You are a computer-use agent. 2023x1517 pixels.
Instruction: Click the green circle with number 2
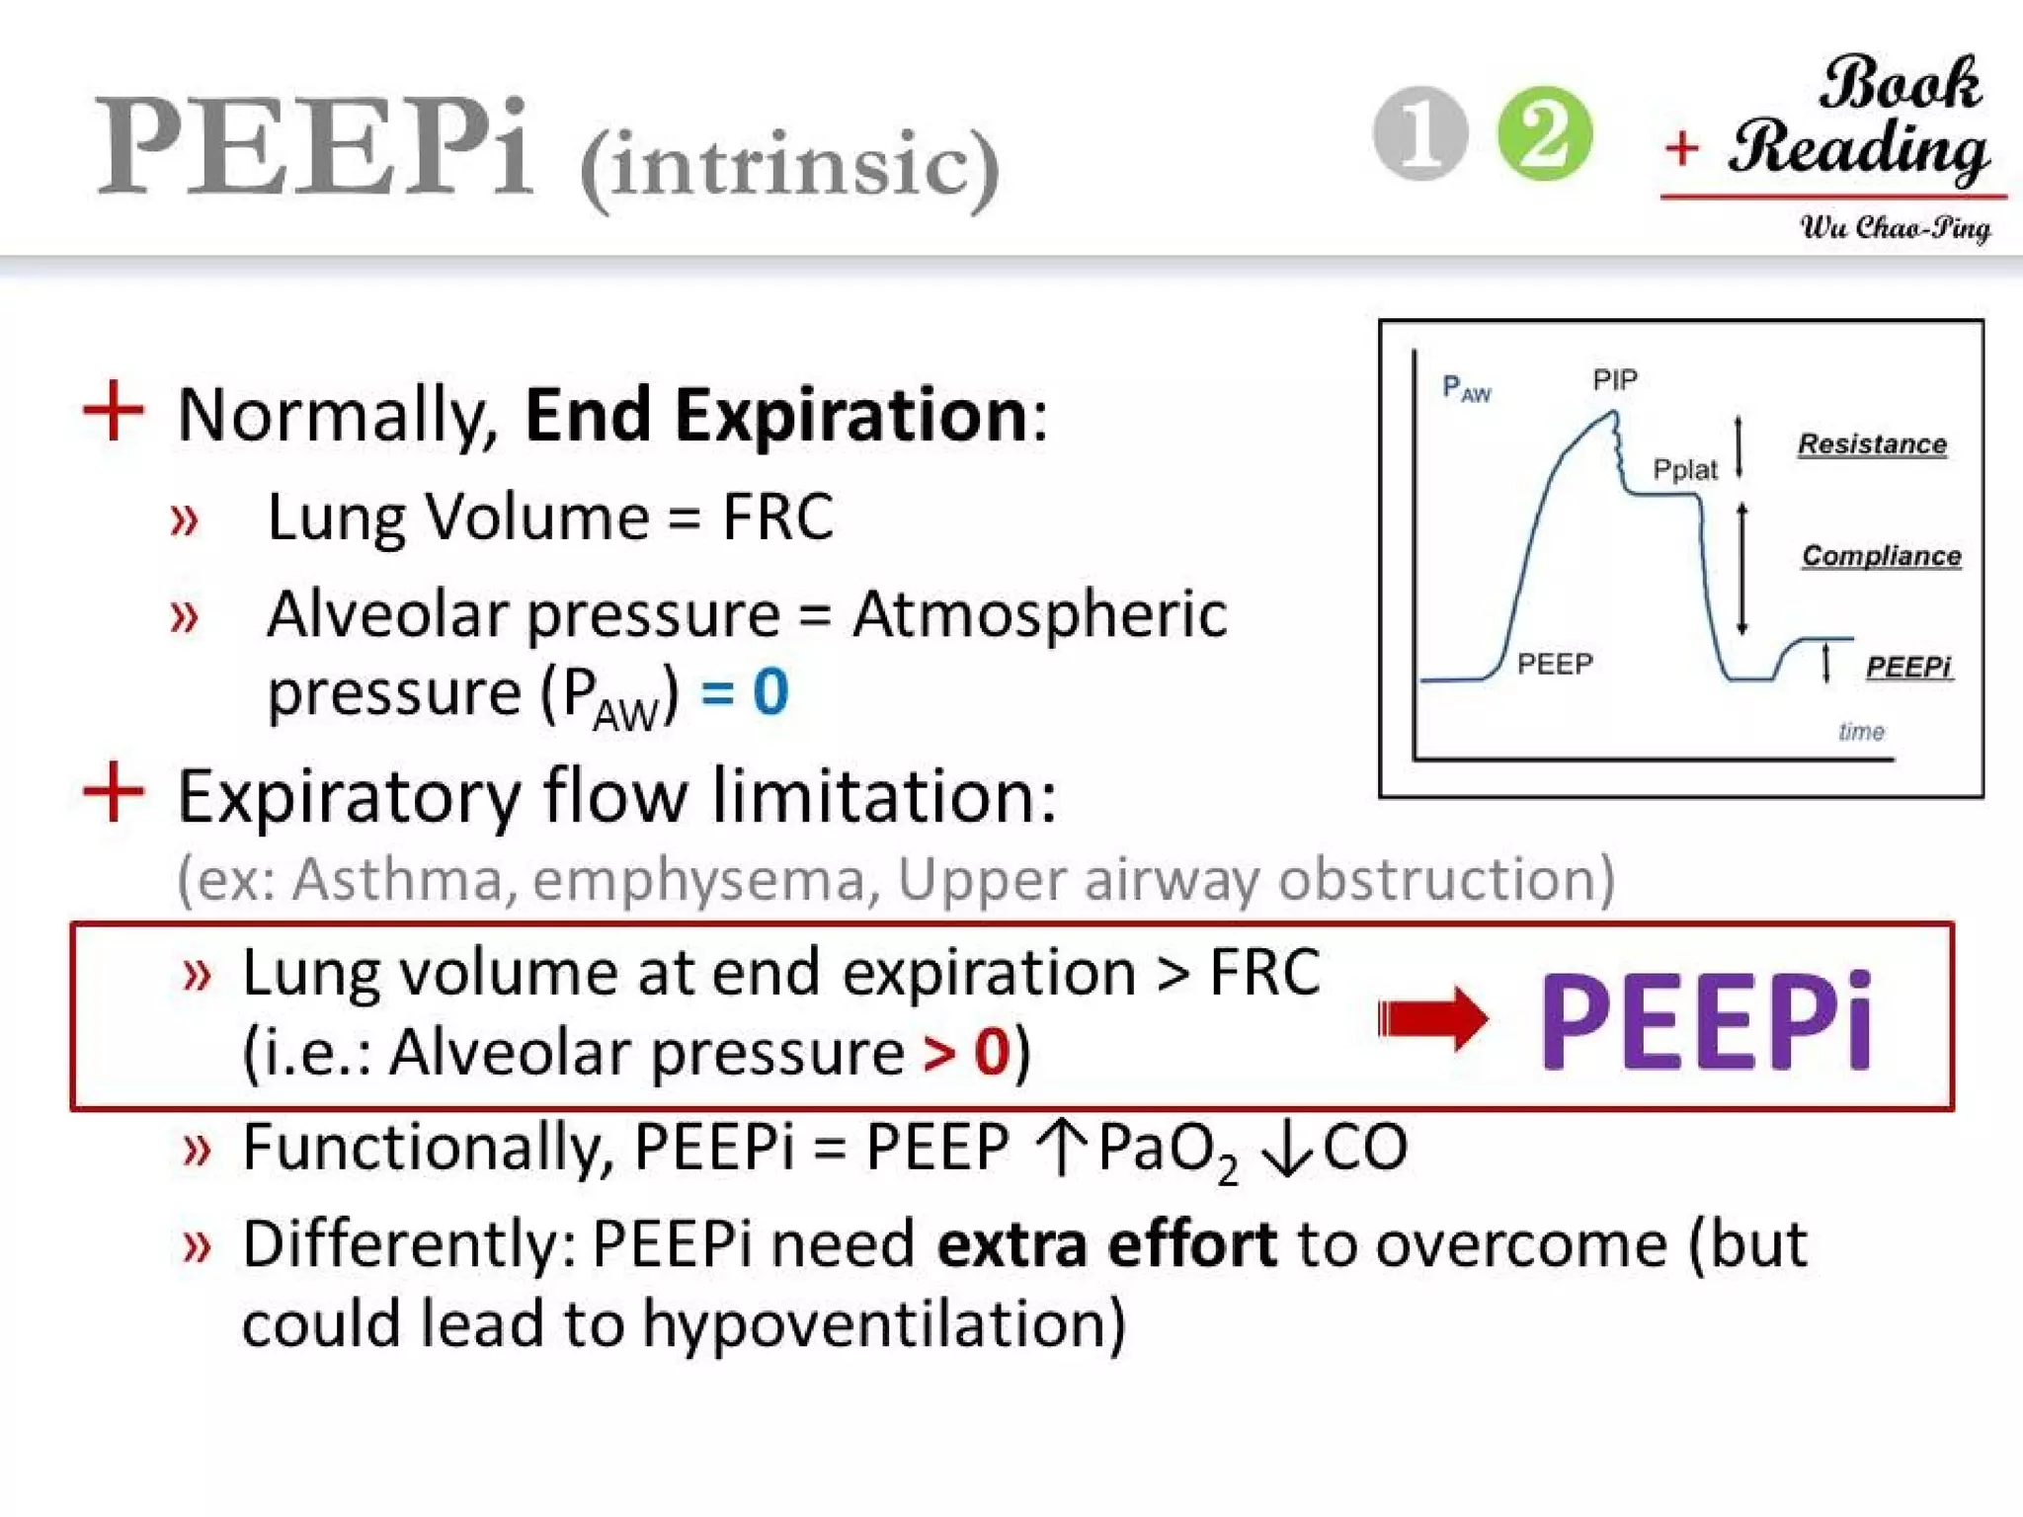1545,134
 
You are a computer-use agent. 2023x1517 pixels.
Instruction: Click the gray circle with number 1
1420,134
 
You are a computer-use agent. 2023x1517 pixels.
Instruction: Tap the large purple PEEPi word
1706,1019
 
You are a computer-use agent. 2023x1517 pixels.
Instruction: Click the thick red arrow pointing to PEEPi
1432,1018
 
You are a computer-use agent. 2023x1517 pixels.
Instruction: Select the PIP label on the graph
1615,380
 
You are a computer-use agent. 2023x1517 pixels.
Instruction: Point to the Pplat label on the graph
1685,470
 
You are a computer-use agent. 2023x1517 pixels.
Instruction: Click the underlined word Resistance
1872,444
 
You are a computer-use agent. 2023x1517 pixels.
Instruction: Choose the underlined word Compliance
1881,556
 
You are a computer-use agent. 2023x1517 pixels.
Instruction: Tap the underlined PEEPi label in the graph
1908,668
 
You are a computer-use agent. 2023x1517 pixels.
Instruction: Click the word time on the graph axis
1861,732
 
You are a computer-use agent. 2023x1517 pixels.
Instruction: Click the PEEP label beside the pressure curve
1555,664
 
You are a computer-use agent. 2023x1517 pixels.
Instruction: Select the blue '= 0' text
745,691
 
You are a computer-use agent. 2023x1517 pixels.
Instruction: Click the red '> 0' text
966,1052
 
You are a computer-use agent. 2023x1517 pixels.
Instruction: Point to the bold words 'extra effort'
1106,1243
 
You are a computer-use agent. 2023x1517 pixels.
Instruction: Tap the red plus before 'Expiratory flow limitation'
114,792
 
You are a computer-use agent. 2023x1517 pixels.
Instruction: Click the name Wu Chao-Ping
1895,228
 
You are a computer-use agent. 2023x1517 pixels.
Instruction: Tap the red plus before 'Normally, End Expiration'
114,411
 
